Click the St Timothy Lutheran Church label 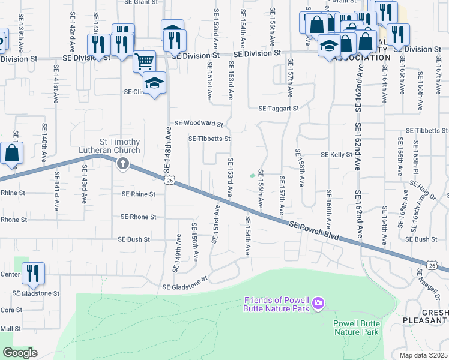[x=110, y=146]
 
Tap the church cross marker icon [x=123, y=163]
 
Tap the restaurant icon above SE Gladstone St [x=33, y=273]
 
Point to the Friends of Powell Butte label [x=277, y=304]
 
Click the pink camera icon [x=318, y=304]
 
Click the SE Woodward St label [x=198, y=124]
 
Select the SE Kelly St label [x=336, y=154]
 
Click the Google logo [x=20, y=353]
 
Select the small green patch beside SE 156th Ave [x=252, y=176]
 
